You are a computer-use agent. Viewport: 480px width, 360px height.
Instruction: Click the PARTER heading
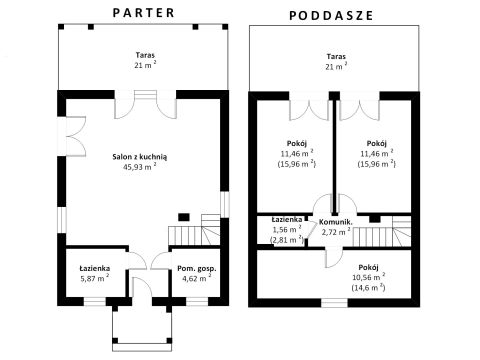pyautogui.click(x=144, y=13)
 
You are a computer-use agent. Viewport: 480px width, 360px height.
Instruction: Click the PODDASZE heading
pyautogui.click(x=331, y=16)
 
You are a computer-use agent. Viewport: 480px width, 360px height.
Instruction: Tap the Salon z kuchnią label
pyautogui.click(x=140, y=157)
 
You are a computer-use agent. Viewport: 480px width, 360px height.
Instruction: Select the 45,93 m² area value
pyautogui.click(x=140, y=167)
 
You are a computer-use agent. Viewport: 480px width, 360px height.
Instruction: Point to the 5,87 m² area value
pyautogui.click(x=95, y=278)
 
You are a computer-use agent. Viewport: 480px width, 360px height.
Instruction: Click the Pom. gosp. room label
pyautogui.click(x=197, y=269)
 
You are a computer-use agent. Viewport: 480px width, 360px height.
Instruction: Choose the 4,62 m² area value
pyautogui.click(x=197, y=278)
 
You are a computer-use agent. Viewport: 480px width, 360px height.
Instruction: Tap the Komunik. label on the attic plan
pyautogui.click(x=336, y=222)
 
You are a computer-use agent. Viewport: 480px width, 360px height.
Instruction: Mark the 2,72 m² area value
pyautogui.click(x=336, y=232)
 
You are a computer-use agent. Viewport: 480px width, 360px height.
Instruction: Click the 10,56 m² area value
pyautogui.click(x=368, y=277)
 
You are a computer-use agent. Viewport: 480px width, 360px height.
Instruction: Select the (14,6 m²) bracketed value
pyautogui.click(x=368, y=287)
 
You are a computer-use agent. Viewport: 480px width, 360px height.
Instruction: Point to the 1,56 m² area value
pyautogui.click(x=287, y=229)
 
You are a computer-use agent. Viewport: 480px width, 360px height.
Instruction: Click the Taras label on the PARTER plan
pyautogui.click(x=145, y=55)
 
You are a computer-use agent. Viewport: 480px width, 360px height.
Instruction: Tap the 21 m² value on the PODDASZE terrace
pyautogui.click(x=336, y=66)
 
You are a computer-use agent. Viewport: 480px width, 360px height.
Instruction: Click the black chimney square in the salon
pyautogui.click(x=184, y=217)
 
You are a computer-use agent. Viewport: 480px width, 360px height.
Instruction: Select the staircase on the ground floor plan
pyautogui.click(x=194, y=230)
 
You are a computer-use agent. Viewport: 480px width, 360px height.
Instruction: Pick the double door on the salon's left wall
pyautogui.click(x=72, y=136)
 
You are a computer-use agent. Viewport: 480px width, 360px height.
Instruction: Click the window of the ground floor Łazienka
pyautogui.click(x=95, y=302)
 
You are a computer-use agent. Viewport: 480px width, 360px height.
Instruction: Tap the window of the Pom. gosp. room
pyautogui.click(x=197, y=302)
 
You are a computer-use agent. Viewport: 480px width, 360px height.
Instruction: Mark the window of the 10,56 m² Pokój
pyautogui.click(x=334, y=303)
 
